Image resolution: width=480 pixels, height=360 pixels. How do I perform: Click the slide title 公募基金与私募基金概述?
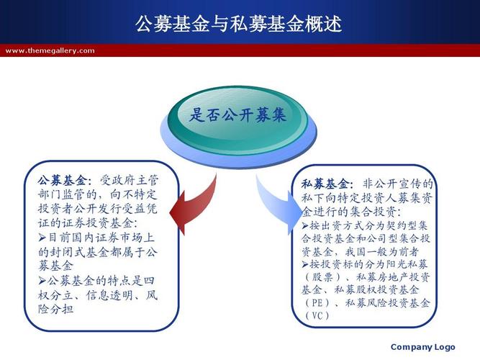point(238,23)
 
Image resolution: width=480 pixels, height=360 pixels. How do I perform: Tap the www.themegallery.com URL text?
point(50,50)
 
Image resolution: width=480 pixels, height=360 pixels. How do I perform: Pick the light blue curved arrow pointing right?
point(279,204)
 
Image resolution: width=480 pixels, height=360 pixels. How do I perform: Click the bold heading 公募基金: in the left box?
point(65,181)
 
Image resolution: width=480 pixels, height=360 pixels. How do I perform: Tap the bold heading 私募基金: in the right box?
point(328,184)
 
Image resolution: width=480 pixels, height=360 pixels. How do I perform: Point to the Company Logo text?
point(422,347)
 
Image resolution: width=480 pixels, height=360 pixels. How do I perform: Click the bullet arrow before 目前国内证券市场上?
point(42,238)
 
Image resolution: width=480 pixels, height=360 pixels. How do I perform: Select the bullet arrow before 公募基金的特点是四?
point(42,280)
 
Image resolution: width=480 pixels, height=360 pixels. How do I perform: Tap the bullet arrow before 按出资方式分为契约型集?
point(305,226)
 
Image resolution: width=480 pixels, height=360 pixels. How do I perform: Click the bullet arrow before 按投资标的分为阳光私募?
point(305,264)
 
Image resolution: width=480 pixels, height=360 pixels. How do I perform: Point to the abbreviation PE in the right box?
point(317,302)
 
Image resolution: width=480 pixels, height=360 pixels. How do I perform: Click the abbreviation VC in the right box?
point(317,315)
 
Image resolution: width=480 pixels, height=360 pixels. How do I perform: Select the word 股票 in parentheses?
point(322,277)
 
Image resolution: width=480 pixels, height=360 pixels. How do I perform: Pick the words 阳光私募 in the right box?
point(405,264)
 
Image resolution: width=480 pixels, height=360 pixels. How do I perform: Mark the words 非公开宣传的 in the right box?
point(398,184)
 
